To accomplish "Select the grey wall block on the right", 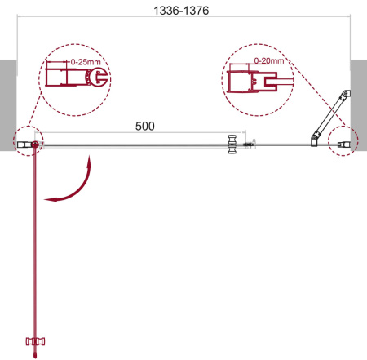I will tap(358, 102).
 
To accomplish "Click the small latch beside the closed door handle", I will tap(251, 146).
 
